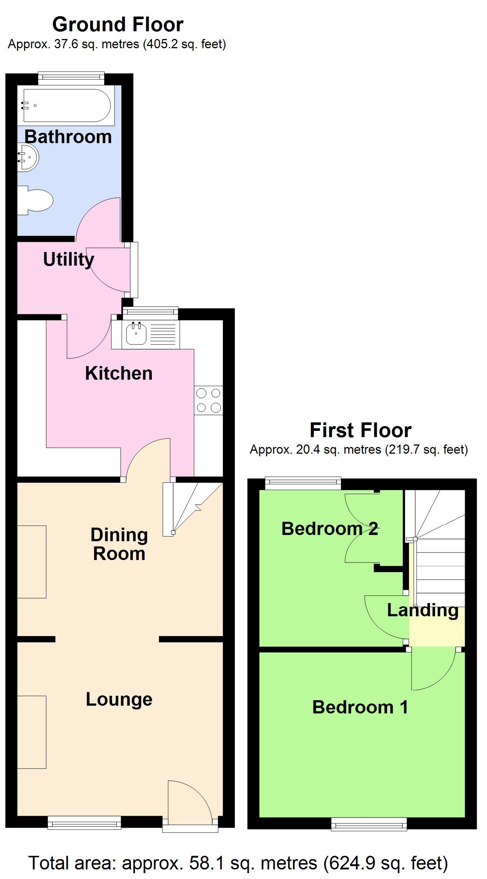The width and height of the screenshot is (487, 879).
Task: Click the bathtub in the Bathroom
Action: point(66,105)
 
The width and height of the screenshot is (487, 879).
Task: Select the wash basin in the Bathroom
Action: point(28,157)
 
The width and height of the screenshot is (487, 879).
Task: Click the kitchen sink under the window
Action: point(136,334)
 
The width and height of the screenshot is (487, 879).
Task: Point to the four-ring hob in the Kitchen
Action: point(208,400)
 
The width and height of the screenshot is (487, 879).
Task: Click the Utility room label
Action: point(68,260)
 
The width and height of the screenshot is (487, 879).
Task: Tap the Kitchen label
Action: point(118,373)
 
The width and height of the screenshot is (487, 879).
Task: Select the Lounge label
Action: point(119,699)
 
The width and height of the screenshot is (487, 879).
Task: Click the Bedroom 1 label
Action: point(360,707)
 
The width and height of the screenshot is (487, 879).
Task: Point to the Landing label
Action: point(422,610)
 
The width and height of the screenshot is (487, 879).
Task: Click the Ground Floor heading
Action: point(118,25)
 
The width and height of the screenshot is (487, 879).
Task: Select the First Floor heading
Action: point(360,430)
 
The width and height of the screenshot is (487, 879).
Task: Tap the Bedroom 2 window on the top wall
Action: point(303,483)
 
